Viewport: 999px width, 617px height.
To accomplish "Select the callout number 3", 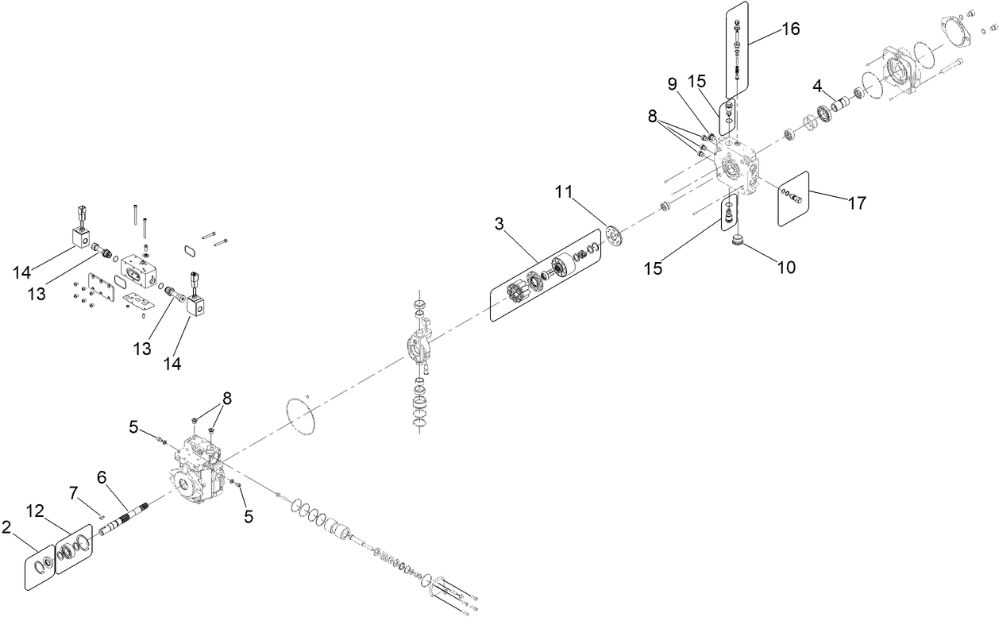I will (499, 224).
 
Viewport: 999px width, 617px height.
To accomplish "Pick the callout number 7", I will (74, 493).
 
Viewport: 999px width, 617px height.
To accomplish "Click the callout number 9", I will (672, 83).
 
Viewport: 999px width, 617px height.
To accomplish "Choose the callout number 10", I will (785, 268).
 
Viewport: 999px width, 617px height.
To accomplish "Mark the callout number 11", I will (563, 191).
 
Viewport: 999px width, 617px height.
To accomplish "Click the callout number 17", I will (855, 203).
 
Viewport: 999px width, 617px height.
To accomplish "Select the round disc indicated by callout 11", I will (613, 235).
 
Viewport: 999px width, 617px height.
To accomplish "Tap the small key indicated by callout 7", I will (103, 515).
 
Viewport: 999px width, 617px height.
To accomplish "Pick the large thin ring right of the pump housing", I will (301, 415).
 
